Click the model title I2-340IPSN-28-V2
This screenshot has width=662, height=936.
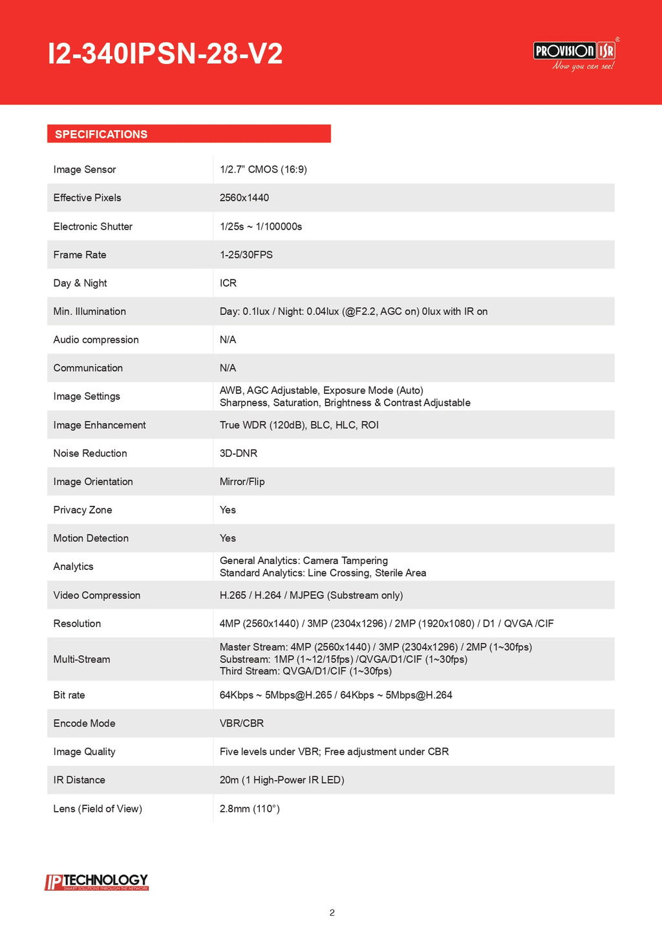[x=165, y=54]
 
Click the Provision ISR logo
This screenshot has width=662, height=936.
[x=574, y=54]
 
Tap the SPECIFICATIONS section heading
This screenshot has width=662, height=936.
[x=101, y=135]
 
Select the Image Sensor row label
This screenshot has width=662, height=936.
[x=85, y=169]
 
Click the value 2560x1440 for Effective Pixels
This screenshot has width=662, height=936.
[x=244, y=198]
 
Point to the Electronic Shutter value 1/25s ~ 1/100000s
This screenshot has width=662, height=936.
[x=261, y=226]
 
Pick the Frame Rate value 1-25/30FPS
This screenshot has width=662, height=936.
[x=246, y=255]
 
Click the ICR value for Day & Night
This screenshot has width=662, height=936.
[x=228, y=283]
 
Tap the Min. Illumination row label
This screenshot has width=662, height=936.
[x=90, y=312]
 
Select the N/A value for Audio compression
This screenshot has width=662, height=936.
[x=228, y=340]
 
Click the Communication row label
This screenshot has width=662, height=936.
[x=88, y=368]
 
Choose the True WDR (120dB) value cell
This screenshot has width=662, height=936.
[x=299, y=425]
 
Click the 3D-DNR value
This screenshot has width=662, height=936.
[x=239, y=453]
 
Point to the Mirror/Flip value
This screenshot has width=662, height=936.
[x=242, y=482]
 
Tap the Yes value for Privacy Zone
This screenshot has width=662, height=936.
[x=228, y=510]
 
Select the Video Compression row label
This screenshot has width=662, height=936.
[x=97, y=595]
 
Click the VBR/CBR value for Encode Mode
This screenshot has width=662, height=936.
[x=242, y=723]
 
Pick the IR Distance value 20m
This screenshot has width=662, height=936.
[x=282, y=780]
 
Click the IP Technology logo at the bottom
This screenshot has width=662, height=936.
[x=97, y=882]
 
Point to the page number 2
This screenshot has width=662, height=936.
[x=332, y=913]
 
